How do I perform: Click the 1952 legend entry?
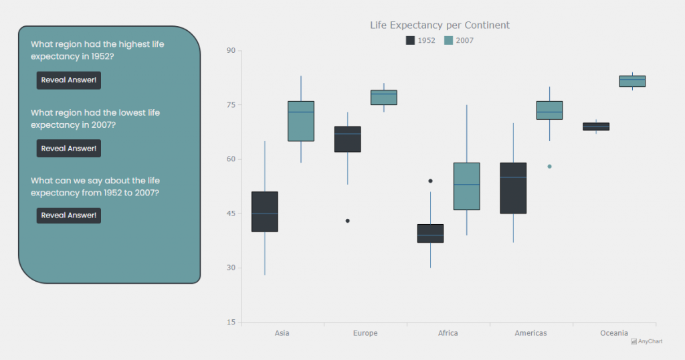421,40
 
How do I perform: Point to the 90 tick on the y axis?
231,50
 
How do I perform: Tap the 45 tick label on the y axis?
231,213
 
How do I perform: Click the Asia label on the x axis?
282,333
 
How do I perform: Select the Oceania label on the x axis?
613,333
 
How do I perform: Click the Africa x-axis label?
448,333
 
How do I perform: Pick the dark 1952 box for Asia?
265,211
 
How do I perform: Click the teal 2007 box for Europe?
384,98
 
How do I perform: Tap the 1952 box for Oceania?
596,126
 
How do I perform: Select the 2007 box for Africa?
466,186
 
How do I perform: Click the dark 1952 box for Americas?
513,188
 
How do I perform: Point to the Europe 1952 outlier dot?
348,221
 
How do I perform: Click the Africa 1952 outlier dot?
430,181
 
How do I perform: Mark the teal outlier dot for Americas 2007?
550,166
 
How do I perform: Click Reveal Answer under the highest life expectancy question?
69,80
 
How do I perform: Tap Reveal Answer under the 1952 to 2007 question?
69,215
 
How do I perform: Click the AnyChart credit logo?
646,341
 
